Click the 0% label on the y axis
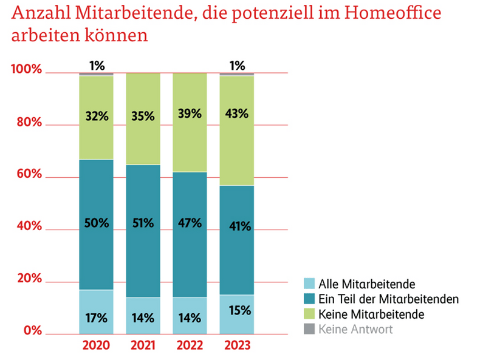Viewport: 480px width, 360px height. tap(33, 331)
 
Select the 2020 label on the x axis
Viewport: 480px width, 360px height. tap(96, 347)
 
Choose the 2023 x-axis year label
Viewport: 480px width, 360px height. tap(236, 347)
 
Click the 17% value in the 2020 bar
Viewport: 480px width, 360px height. tap(96, 318)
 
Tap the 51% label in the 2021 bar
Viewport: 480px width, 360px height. tap(143, 223)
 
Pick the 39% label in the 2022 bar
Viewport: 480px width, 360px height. tap(190, 114)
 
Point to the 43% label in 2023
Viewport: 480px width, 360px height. tap(236, 114)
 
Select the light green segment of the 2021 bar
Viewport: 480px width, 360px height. tap(143, 140)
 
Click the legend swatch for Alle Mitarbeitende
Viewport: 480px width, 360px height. tap(309, 284)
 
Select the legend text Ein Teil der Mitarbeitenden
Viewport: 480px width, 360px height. tap(388, 299)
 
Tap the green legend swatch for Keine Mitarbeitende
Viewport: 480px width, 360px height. tap(309, 314)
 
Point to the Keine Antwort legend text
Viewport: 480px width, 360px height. tap(355, 329)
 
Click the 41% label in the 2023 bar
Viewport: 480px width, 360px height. tap(236, 226)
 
